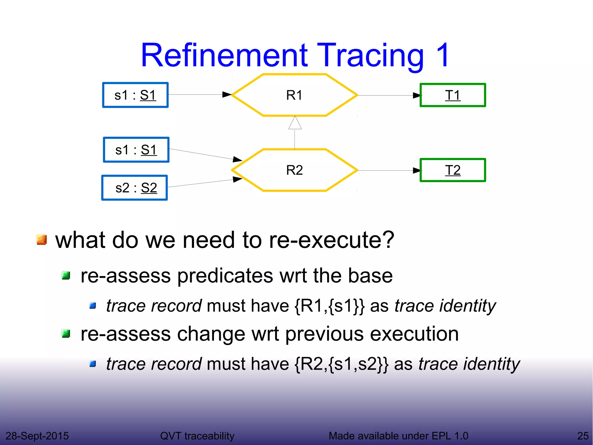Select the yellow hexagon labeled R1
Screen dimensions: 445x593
[294, 95]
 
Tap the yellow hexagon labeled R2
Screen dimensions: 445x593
[294, 170]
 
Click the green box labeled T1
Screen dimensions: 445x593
[453, 95]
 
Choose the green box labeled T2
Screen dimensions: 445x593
[453, 170]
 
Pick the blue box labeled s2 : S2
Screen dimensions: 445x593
[135, 188]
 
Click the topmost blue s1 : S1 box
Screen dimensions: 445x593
[135, 95]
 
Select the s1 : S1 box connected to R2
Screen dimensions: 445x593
[136, 150]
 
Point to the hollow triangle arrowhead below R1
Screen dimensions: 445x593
[295, 123]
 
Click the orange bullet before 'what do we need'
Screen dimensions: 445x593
[42, 240]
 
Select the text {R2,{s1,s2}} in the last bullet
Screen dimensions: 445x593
[341, 364]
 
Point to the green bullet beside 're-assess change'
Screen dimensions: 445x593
[66, 334]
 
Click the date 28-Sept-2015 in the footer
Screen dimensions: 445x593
[37, 436]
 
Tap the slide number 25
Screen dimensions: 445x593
[583, 436]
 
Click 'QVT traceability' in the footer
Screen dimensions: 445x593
[197, 436]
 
